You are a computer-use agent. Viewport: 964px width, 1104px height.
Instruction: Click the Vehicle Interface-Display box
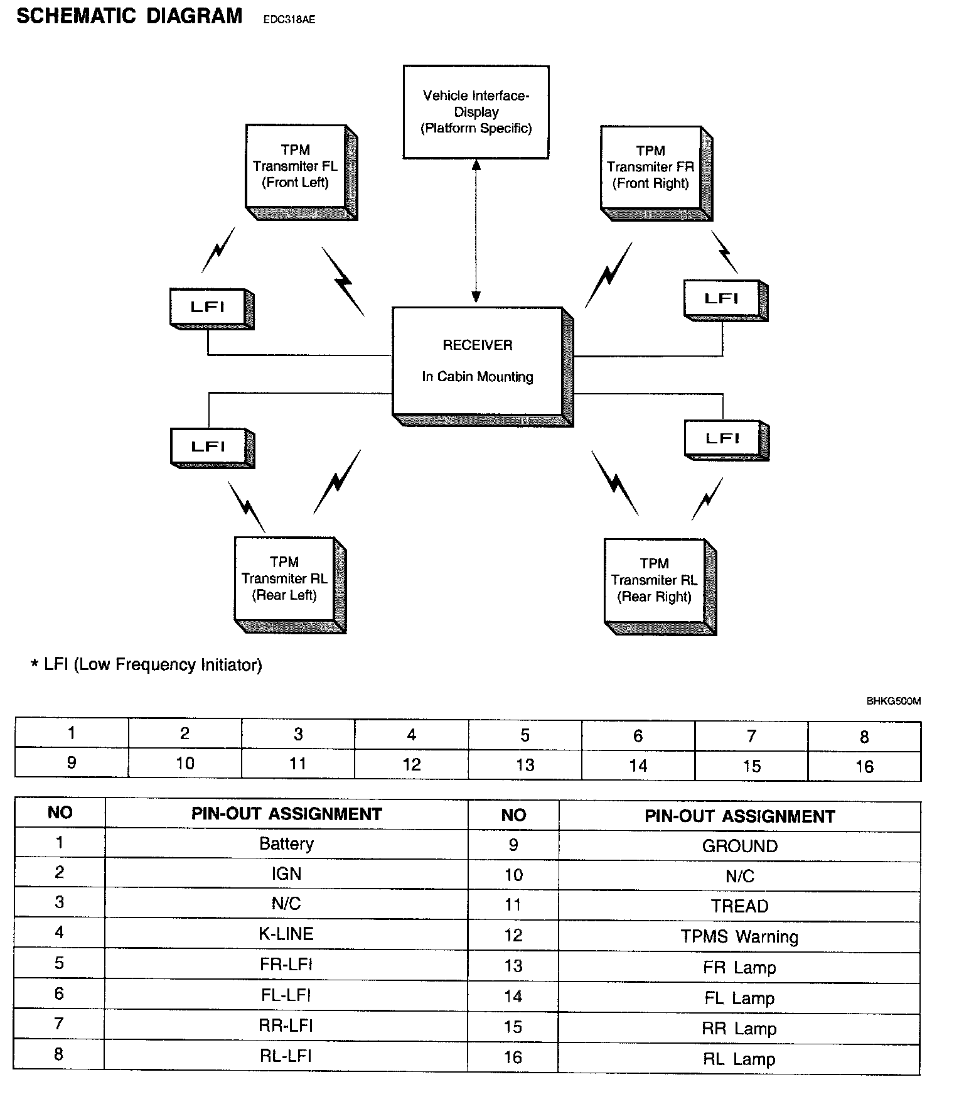[x=476, y=112]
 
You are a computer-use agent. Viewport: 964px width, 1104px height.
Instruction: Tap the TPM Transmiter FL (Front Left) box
[x=301, y=172]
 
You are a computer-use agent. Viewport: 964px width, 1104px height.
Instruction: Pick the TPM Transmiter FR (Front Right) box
[x=656, y=173]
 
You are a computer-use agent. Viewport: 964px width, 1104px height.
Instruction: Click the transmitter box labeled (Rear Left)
[x=290, y=585]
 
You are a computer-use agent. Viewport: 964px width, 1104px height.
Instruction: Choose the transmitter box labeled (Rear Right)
[x=660, y=587]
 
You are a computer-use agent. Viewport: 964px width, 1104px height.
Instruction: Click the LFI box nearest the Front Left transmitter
[x=212, y=308]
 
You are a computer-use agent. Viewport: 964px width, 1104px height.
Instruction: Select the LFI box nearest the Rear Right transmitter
[x=726, y=440]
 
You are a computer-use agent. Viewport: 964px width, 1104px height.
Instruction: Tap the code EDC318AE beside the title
[x=289, y=19]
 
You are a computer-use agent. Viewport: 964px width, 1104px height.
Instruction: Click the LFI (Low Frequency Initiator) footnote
[x=146, y=664]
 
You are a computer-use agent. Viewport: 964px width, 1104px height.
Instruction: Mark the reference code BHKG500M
[x=894, y=701]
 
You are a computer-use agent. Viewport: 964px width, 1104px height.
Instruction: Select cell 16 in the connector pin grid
[x=865, y=766]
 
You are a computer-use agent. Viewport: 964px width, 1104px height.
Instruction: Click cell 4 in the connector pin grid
[x=412, y=734]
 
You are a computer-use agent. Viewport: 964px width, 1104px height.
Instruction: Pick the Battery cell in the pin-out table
[x=286, y=843]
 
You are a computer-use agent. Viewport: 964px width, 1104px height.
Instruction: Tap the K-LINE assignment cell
[x=286, y=934]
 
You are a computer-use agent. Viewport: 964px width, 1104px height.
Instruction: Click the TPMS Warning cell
[x=740, y=937]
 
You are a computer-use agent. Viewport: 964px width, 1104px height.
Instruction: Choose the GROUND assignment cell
[x=740, y=846]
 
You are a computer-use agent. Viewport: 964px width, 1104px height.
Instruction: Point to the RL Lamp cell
[x=739, y=1059]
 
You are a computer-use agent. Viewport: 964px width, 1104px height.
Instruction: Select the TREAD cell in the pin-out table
[x=740, y=906]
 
